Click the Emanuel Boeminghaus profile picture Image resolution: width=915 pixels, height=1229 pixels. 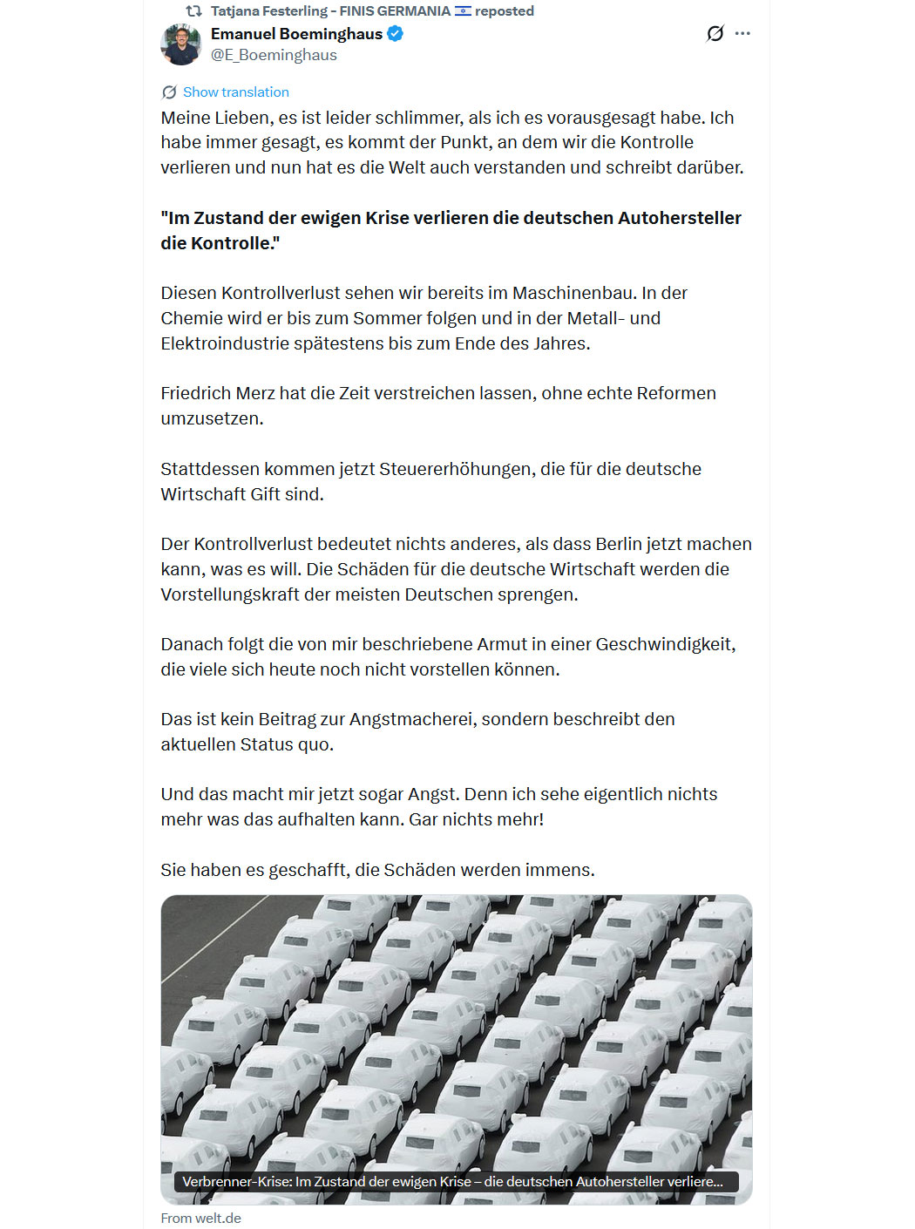click(x=181, y=44)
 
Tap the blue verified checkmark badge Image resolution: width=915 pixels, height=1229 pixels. click(x=395, y=34)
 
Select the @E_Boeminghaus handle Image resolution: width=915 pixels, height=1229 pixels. click(x=274, y=55)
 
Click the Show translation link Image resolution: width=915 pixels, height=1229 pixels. click(x=235, y=92)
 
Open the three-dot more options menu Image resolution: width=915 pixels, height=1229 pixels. click(x=742, y=34)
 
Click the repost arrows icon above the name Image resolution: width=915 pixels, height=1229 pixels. click(x=194, y=11)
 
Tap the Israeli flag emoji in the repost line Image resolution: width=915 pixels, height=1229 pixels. click(x=463, y=11)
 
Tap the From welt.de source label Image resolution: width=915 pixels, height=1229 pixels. click(x=200, y=1218)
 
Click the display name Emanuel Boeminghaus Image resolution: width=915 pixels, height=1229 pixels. click(x=296, y=34)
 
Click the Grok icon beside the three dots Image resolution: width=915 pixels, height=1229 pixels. click(x=715, y=34)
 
